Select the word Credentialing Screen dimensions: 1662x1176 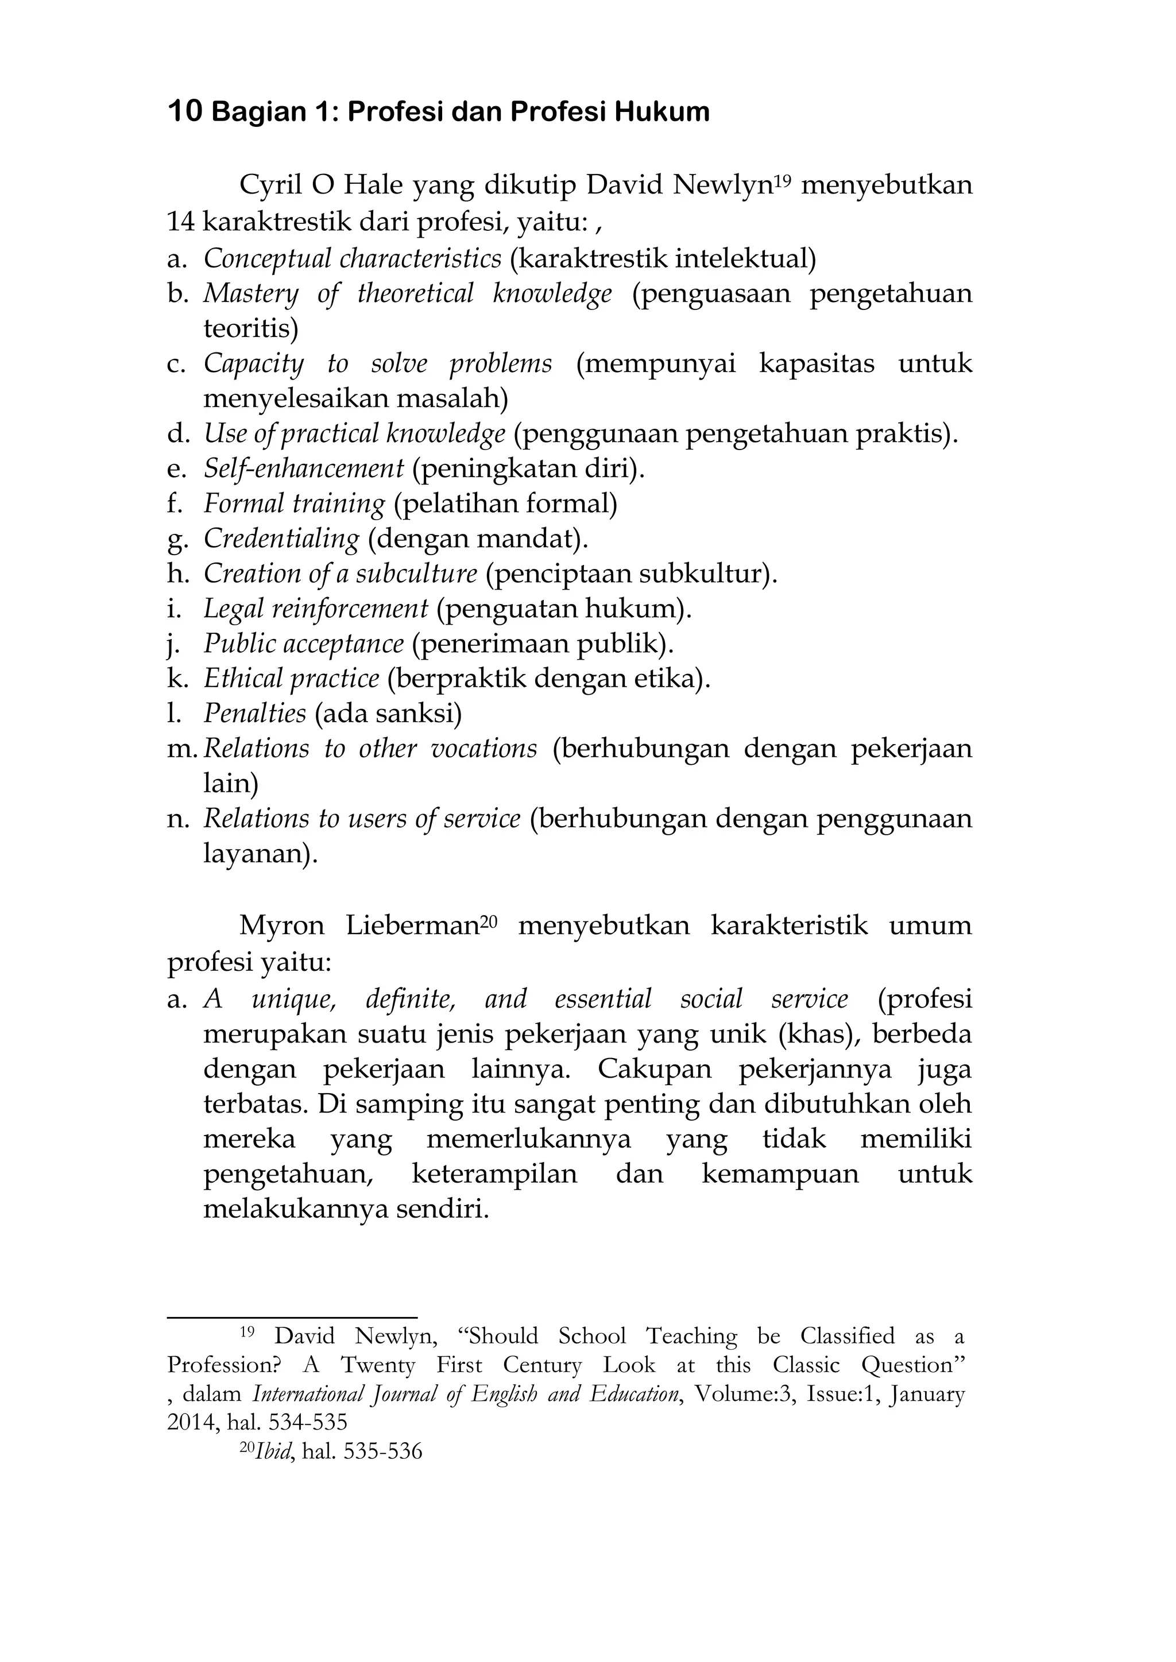281,538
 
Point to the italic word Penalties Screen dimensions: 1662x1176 255,714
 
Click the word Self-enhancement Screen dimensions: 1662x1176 303,468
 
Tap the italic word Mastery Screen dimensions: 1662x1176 250,293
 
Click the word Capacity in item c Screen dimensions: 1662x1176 253,363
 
